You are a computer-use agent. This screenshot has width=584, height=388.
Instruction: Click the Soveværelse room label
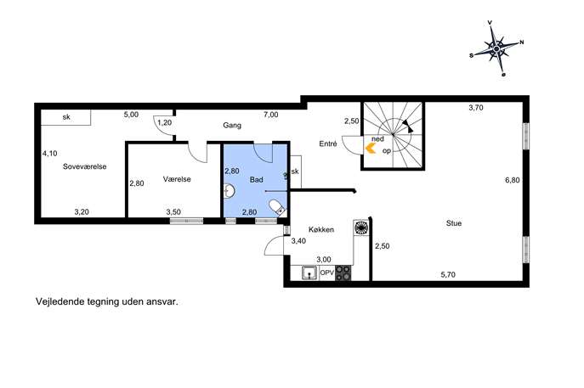84,166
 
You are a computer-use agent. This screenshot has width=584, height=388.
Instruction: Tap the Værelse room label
177,179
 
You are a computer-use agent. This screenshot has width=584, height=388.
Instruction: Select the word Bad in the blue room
256,180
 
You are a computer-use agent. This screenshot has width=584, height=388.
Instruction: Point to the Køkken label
321,229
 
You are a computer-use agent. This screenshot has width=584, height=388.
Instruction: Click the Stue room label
454,223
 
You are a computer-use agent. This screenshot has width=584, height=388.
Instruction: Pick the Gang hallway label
232,126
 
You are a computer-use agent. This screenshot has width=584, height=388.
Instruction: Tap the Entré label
328,144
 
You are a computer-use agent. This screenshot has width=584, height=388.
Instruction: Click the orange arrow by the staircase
370,149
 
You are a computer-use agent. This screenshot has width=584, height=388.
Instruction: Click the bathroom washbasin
229,191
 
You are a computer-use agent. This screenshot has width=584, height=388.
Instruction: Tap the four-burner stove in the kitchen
343,273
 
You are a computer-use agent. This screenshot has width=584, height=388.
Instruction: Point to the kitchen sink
309,273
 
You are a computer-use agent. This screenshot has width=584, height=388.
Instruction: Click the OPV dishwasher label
327,273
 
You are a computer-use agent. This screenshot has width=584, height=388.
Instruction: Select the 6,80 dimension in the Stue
512,180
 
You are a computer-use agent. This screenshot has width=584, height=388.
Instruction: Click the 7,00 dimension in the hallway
271,115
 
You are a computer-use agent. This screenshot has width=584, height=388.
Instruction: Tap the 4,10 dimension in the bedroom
49,154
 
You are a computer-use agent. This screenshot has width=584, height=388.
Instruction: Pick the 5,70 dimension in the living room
448,274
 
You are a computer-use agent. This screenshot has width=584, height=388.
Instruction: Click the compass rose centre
496,48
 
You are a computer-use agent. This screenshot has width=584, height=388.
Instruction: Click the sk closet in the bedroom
65,117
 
